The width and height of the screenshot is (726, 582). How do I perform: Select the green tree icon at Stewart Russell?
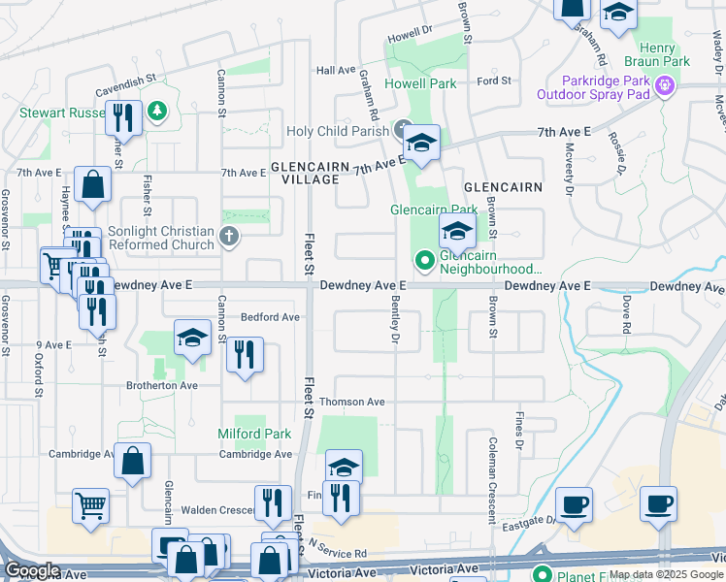[x=156, y=113]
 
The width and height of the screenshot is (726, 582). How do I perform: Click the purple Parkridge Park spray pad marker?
[x=664, y=86]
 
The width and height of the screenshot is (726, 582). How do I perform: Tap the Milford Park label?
[x=254, y=434]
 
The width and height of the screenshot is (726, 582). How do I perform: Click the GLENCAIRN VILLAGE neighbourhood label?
[x=310, y=173]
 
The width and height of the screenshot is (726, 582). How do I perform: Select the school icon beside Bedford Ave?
[x=192, y=339]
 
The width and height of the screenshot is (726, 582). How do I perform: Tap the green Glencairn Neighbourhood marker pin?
[x=424, y=259]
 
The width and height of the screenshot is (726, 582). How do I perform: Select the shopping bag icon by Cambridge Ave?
[x=133, y=461]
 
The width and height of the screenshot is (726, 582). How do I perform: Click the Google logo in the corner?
[x=32, y=571]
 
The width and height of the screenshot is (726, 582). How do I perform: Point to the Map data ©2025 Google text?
[x=666, y=574]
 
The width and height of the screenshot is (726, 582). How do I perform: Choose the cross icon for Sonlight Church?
[x=228, y=237]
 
